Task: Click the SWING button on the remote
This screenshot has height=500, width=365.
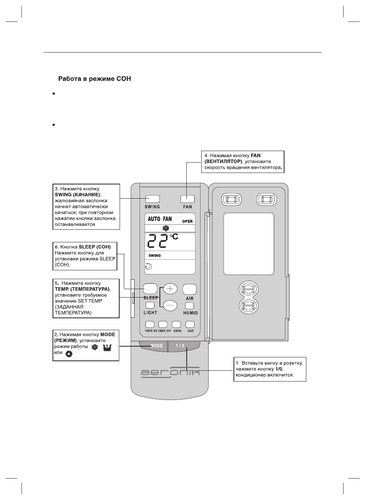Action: pos(152,199)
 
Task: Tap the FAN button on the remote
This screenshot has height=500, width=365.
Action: pos(187,199)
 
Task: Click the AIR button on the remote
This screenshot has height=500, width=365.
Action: pos(189,289)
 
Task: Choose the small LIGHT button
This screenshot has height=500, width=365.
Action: pos(150,306)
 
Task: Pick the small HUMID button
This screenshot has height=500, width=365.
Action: pos(189,306)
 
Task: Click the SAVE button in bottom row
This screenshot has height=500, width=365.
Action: pos(190,324)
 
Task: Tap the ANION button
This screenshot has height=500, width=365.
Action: pos(177,324)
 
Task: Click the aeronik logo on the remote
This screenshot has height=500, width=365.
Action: pos(170,372)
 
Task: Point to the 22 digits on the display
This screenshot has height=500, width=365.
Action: pos(158,242)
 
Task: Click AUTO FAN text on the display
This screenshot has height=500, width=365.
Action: pos(160,219)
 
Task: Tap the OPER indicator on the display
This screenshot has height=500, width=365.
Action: pos(187,222)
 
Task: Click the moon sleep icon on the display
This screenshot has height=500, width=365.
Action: pos(149,267)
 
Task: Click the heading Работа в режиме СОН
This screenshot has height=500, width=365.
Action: pos(94,79)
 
